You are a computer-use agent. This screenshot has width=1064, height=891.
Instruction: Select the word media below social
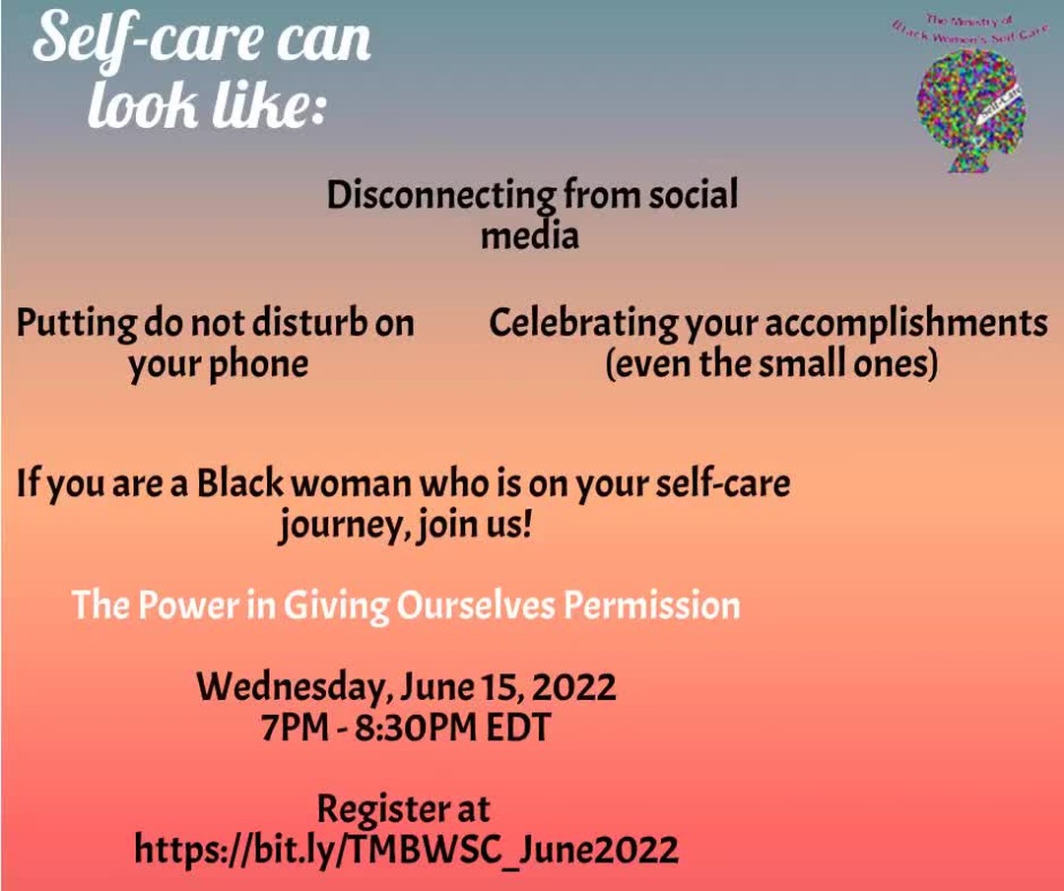[530, 236]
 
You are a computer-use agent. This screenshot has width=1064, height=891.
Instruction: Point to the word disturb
[300, 324]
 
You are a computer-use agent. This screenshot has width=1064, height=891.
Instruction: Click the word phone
[260, 364]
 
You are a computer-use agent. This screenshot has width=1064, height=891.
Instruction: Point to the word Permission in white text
[651, 605]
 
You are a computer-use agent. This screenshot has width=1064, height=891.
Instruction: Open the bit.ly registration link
[406, 849]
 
